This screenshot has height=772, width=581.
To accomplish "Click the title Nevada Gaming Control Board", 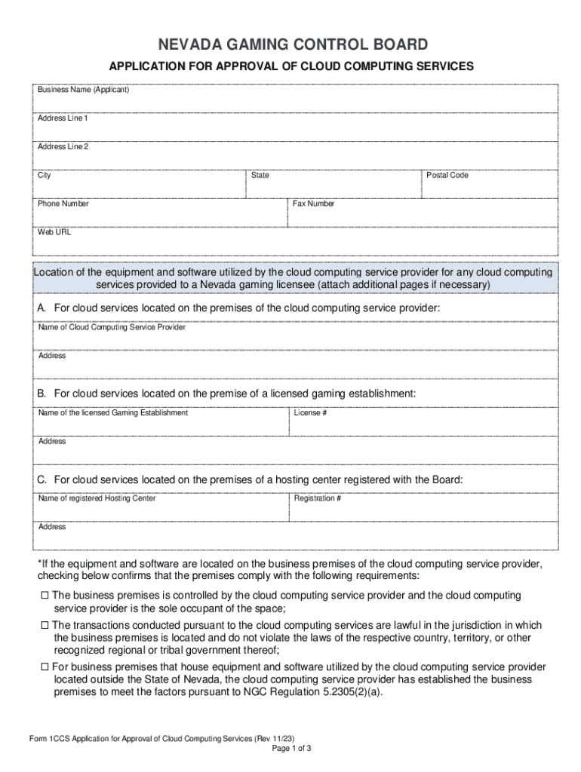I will (x=291, y=44).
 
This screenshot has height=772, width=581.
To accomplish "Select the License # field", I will (x=423, y=425).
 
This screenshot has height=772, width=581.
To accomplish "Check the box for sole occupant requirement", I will (x=45, y=596).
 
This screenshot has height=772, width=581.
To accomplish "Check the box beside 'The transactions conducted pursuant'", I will (x=45, y=625).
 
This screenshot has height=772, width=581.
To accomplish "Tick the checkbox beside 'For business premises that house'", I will (x=45, y=667).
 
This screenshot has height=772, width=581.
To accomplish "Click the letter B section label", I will (x=42, y=394).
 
